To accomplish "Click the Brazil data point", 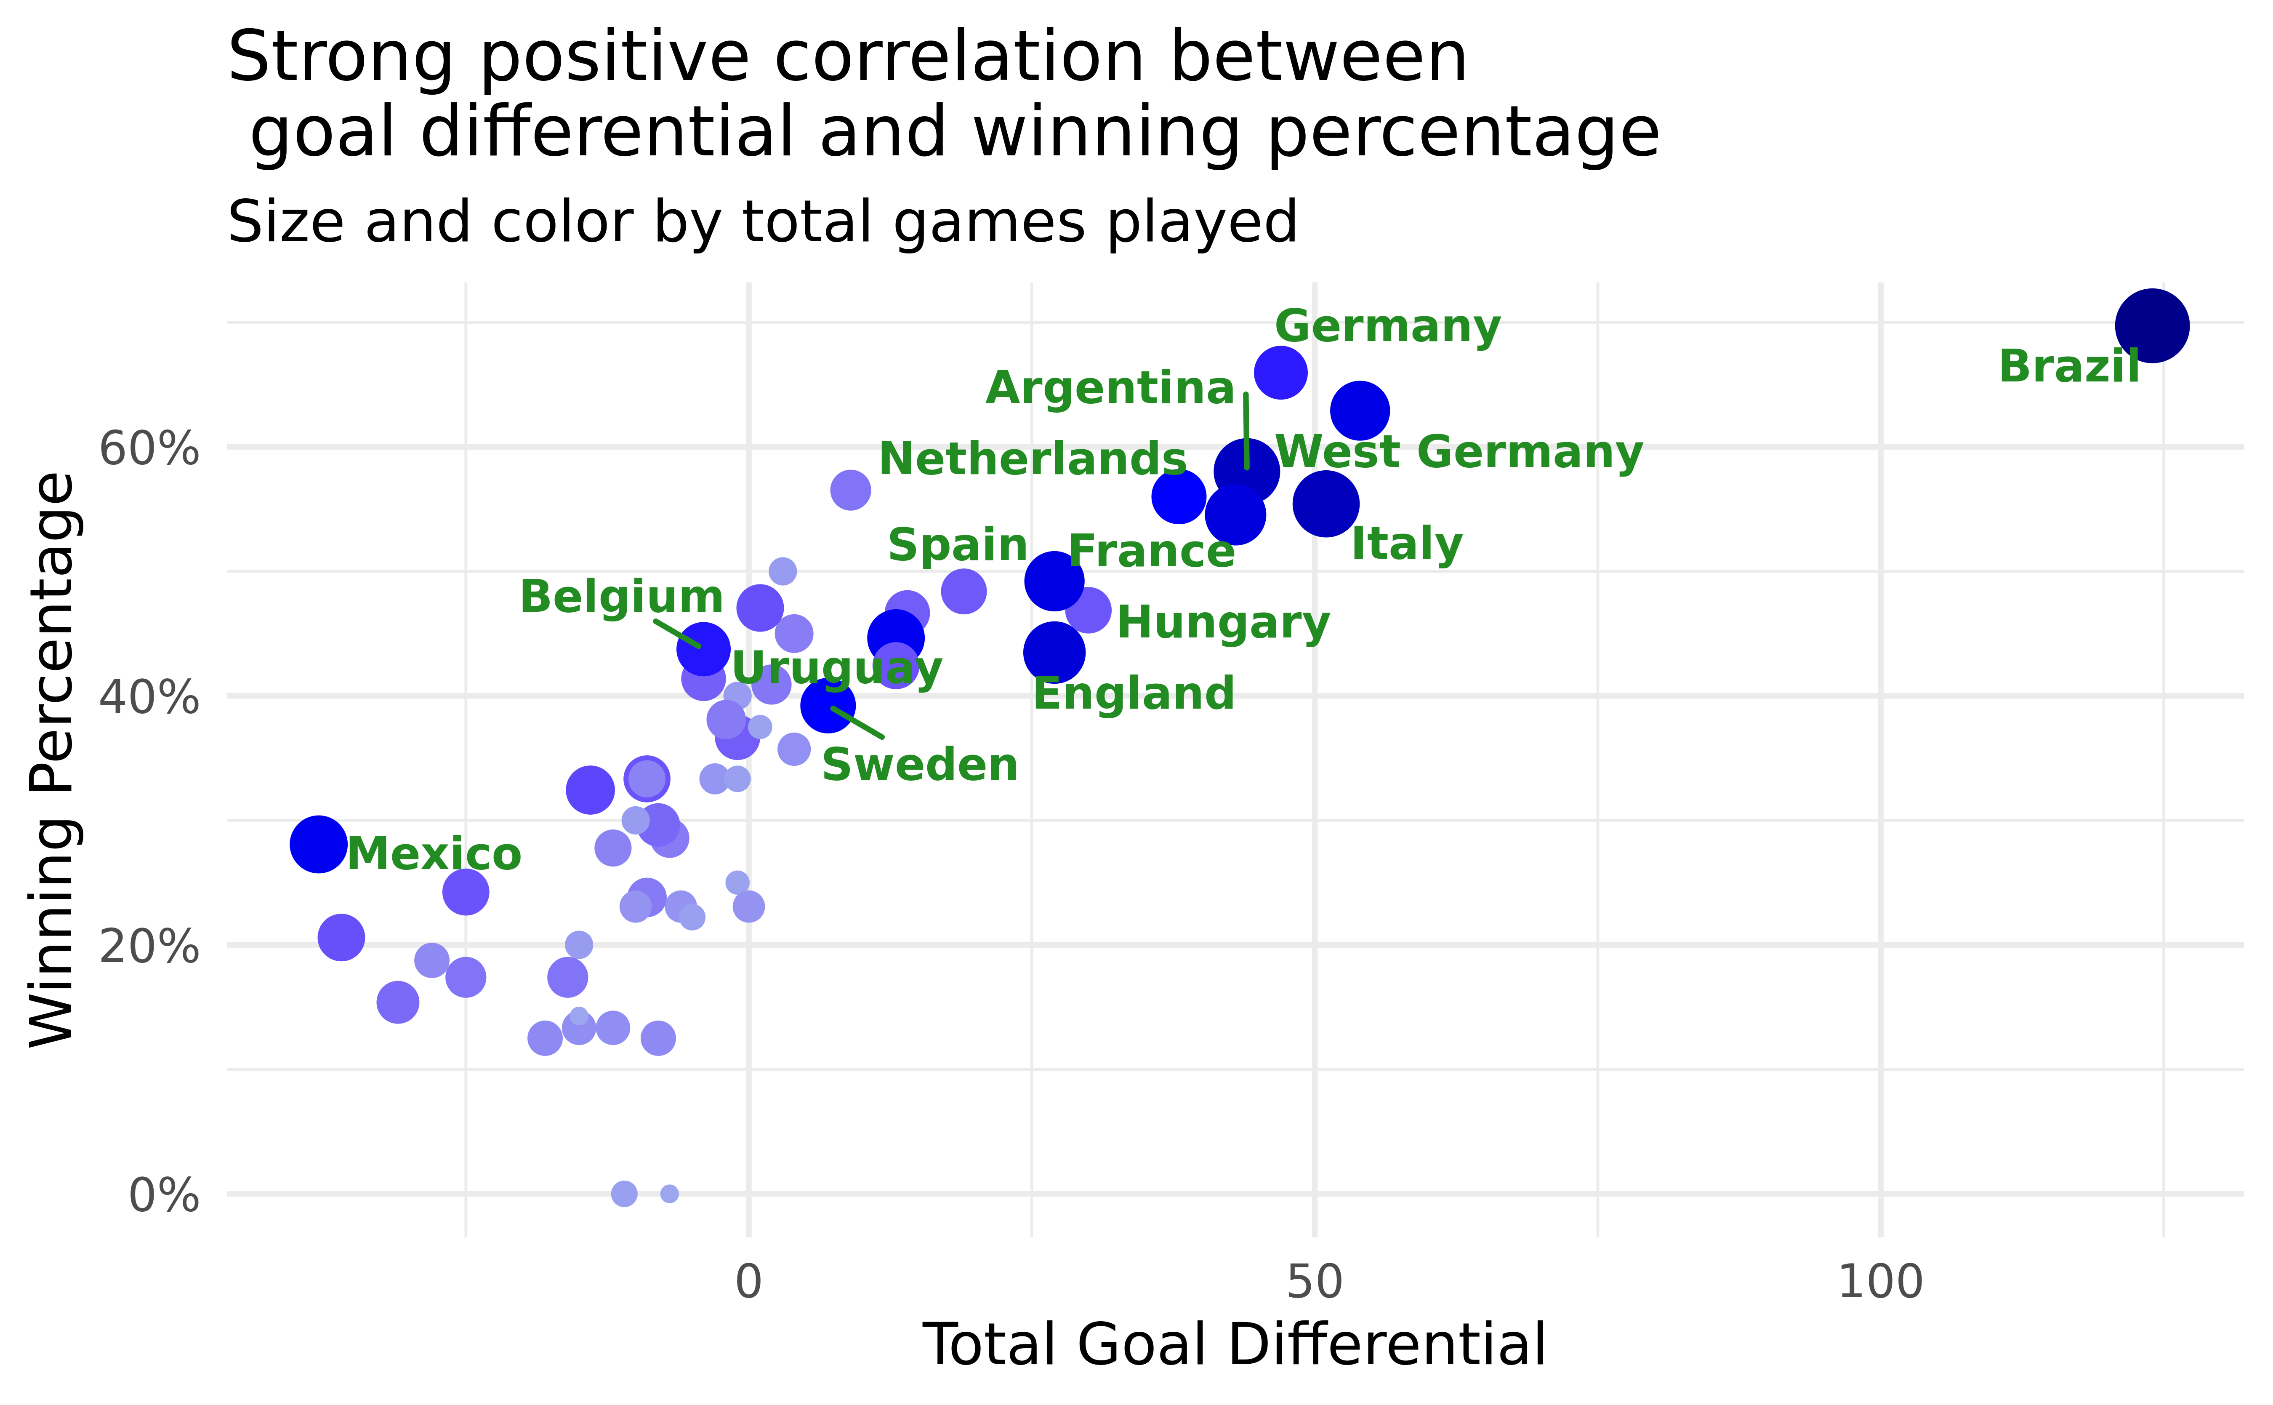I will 2151,325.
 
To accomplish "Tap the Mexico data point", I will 318,844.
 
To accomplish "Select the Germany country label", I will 1387,327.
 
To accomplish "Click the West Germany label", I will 1459,453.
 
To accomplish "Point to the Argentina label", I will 1110,389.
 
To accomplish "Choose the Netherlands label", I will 1032,459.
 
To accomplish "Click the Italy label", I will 1406,544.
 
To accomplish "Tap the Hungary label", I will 1223,623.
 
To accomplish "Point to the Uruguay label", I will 837,668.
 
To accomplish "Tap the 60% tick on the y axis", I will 149,449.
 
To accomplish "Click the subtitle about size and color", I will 762,223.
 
